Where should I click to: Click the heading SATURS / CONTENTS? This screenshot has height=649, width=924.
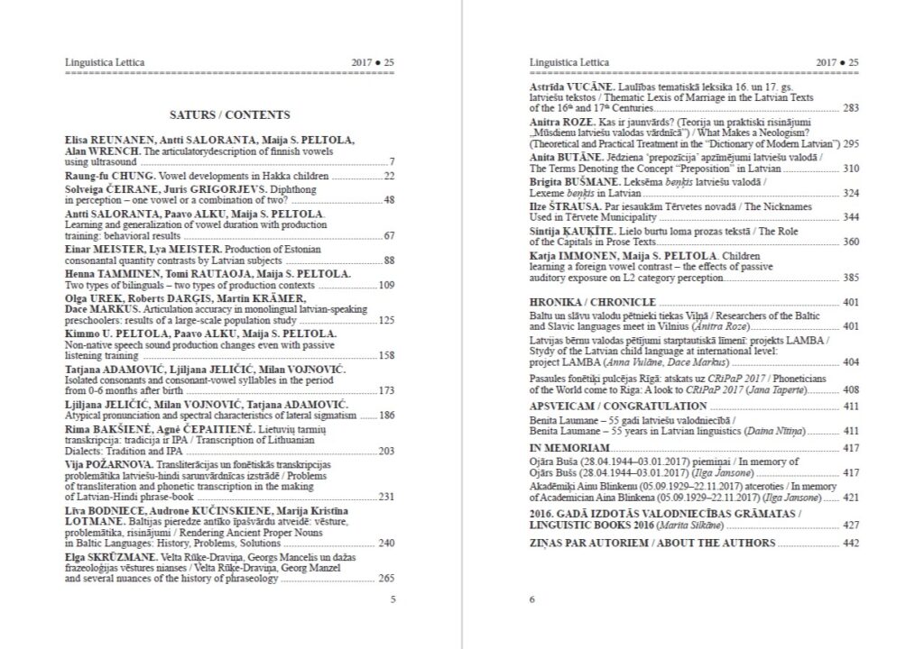point(230,115)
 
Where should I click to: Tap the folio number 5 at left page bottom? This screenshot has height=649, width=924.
point(392,599)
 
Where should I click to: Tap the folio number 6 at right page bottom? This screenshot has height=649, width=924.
point(532,599)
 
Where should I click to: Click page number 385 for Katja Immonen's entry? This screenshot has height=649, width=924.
point(849,278)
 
